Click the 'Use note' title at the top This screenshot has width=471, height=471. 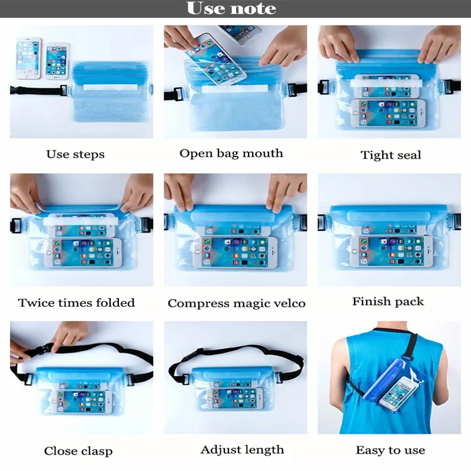coord(231,9)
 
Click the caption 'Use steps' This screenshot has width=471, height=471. coord(75,155)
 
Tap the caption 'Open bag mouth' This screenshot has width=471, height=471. coord(231,154)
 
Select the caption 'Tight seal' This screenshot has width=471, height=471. coord(390,155)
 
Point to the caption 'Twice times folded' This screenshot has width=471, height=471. coord(77,303)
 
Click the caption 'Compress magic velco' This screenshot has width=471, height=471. coord(236,304)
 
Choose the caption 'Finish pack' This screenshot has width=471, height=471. coord(387,301)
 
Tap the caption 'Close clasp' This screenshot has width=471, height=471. coord(78,452)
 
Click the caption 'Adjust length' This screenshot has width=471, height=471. coord(242,450)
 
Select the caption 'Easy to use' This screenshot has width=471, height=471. coord(390,450)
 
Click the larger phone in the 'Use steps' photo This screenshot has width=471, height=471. coord(28,58)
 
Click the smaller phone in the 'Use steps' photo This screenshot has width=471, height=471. coord(57,59)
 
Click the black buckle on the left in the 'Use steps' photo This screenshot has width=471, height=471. coord(62,91)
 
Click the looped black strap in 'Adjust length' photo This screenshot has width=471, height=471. coord(235,354)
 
